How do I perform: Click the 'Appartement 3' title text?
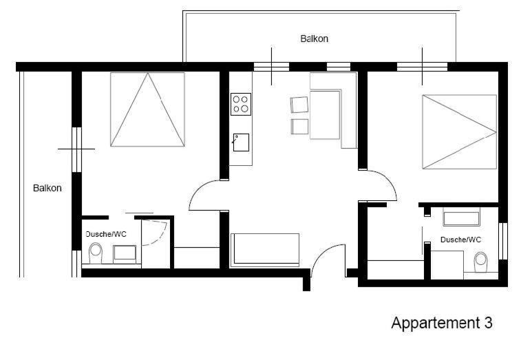coord(442,323)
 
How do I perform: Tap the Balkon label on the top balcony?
coord(314,39)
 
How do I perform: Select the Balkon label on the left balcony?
coord(47,188)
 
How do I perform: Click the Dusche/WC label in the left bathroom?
coord(106,234)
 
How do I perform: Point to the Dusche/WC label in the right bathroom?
coord(460,240)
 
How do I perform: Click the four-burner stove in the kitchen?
coord(241,104)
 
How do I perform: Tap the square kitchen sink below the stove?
coord(241,142)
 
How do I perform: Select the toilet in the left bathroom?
coord(96,253)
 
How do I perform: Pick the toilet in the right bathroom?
coord(481,262)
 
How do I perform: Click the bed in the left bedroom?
coord(147,109)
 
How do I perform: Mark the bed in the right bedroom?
coord(460,131)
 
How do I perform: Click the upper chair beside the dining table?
coord(299,105)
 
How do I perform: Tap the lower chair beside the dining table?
coord(299,127)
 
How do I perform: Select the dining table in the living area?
coord(325,114)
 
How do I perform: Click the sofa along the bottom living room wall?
coord(265,250)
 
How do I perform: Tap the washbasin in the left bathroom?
coord(125,253)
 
